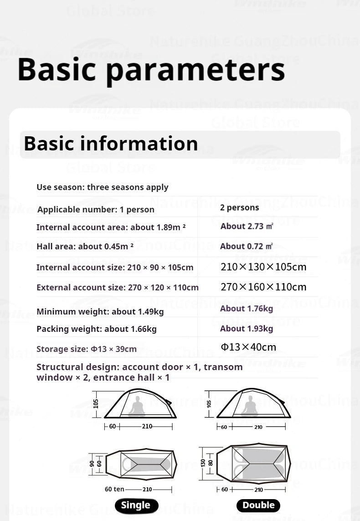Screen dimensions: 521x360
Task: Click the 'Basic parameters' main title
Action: [151, 69]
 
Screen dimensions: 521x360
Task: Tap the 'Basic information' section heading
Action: [111, 143]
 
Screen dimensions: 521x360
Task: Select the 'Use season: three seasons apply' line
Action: [102, 187]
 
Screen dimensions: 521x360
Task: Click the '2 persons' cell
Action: [239, 208]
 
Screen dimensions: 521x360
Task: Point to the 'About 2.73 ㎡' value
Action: [247, 227]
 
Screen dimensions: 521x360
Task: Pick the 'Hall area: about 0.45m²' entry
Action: [85, 247]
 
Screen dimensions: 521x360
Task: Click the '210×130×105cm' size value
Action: [263, 267]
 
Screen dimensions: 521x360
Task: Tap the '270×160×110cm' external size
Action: [263, 287]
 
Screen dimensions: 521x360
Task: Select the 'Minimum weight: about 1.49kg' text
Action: [100, 312]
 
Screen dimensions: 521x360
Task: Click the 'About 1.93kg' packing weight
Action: [246, 329]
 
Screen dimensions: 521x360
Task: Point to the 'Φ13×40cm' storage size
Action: [248, 347]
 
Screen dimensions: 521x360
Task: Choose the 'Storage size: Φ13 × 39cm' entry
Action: [86, 349]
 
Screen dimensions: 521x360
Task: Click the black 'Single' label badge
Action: [136, 505]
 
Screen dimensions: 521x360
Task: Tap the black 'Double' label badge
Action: [258, 505]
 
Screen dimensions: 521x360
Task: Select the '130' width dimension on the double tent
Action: [203, 463]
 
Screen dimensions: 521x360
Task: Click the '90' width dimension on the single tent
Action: [93, 463]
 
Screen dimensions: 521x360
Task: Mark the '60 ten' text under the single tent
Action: [114, 489]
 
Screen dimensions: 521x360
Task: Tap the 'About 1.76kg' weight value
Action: [246, 309]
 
